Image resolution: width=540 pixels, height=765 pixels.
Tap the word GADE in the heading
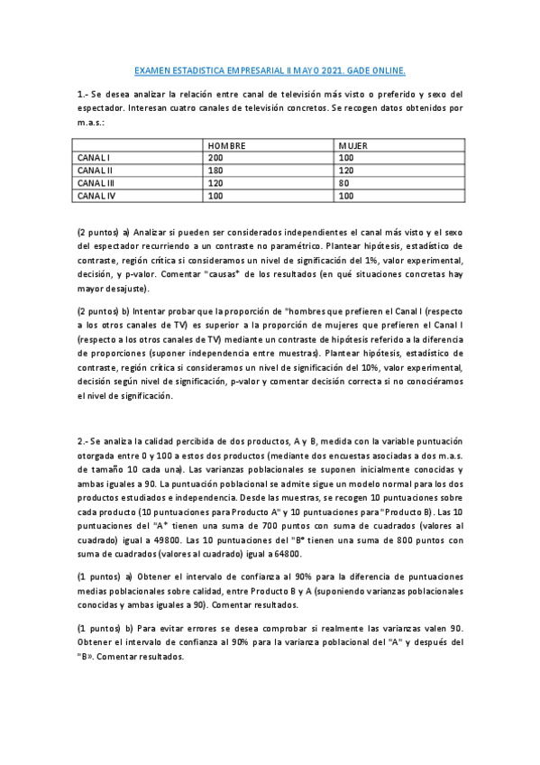pos(368,69)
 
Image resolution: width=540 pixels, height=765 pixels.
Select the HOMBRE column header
pos(227,145)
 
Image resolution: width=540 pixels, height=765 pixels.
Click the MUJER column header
pos(353,145)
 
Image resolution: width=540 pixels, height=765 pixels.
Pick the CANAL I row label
pos(93,157)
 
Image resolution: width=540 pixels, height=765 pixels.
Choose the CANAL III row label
pos(96,182)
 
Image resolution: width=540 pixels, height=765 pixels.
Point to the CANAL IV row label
pos(96,195)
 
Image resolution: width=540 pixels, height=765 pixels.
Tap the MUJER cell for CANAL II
pos(347,170)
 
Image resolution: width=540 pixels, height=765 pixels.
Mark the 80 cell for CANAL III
pos(344,182)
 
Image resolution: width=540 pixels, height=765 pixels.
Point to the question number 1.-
pos(82,94)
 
